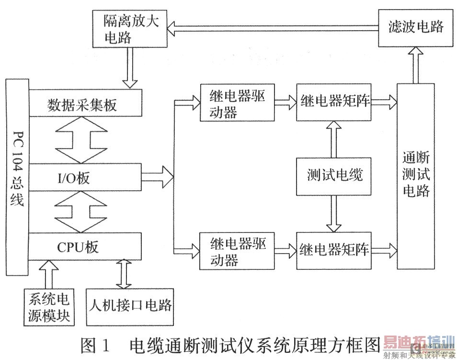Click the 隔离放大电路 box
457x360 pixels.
pos(130,30)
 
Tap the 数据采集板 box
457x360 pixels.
pos(85,104)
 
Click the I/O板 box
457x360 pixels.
pos(85,177)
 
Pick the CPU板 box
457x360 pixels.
pos(85,246)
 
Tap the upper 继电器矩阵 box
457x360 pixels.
pos(334,102)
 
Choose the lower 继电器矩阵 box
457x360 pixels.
pos(334,249)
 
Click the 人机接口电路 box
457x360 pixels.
pos(129,305)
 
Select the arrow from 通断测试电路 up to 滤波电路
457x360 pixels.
pos(415,65)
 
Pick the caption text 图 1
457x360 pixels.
pos(96,345)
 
